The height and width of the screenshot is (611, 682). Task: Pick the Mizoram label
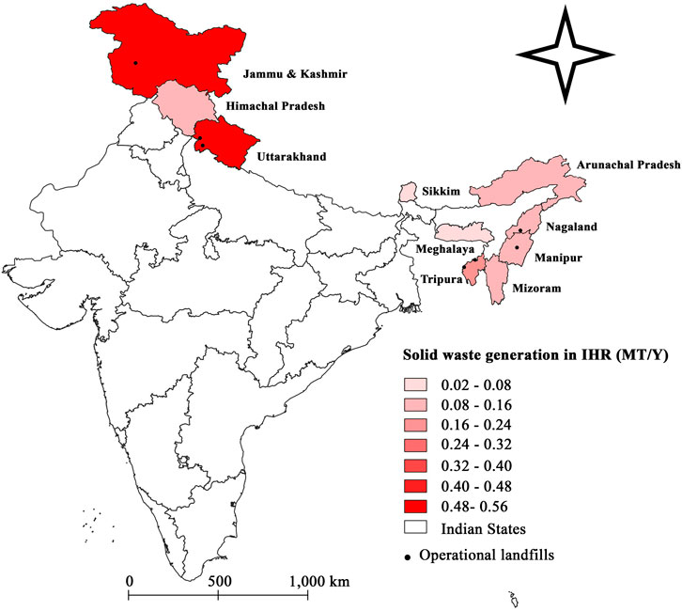click(535, 290)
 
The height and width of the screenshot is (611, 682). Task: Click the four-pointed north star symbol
click(561, 54)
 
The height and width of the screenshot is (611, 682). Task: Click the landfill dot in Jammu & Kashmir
click(135, 63)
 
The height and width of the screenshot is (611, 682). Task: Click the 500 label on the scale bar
click(218, 581)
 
